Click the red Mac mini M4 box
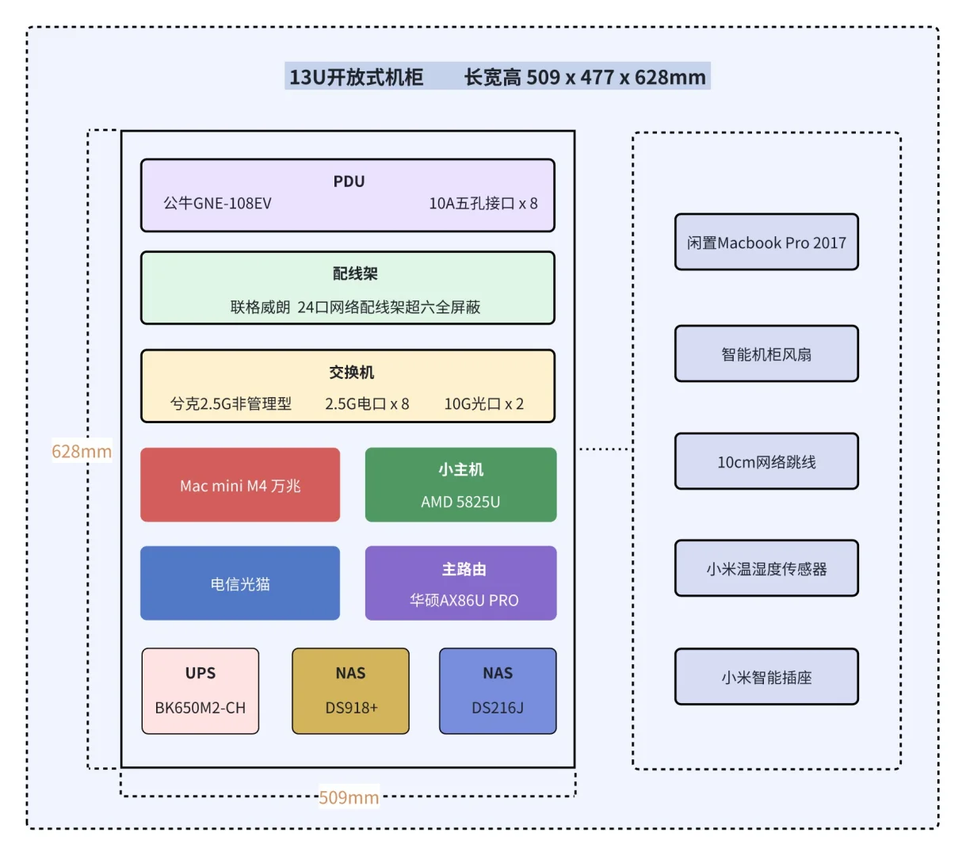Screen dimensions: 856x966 click(240, 485)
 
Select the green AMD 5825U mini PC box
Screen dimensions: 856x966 click(460, 485)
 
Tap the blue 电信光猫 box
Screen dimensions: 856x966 click(240, 583)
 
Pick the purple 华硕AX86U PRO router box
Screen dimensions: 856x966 click(460, 583)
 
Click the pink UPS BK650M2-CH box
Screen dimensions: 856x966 click(200, 691)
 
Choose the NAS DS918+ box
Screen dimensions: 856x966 click(350, 691)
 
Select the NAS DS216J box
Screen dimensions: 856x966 click(498, 691)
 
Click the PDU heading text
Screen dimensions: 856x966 click(349, 182)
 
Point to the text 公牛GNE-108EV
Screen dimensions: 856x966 click(217, 204)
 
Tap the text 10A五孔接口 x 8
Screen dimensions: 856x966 click(483, 204)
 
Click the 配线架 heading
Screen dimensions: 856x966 click(355, 273)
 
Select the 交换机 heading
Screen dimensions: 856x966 click(352, 373)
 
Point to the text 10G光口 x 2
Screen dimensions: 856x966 click(483, 404)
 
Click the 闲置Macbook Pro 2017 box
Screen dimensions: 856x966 click(766, 243)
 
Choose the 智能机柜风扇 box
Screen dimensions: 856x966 click(766, 354)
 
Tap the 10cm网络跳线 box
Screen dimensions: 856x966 click(766, 462)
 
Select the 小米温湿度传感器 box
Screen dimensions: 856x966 click(766, 569)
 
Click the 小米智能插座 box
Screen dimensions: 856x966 click(766, 678)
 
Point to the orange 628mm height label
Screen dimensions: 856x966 click(82, 452)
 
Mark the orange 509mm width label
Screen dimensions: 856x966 click(349, 797)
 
